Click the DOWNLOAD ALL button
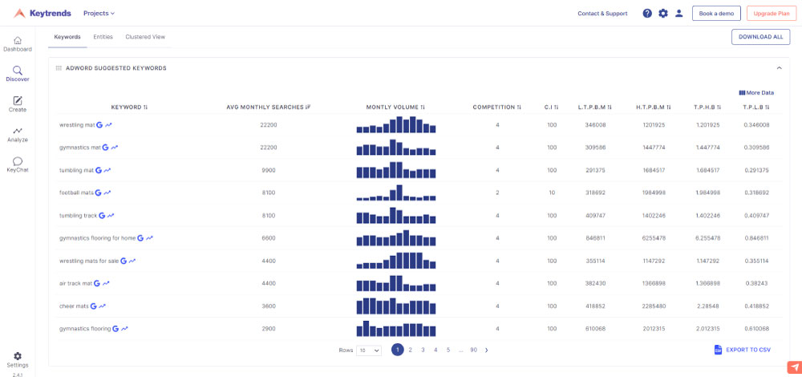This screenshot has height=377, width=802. tap(760, 37)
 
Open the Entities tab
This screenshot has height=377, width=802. tap(103, 37)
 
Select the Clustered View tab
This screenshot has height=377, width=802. tap(145, 37)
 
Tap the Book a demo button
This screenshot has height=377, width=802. tap(716, 14)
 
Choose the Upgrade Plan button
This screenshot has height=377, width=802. tap(772, 14)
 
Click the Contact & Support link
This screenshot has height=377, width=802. tap(602, 14)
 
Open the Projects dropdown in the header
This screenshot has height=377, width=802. tap(99, 14)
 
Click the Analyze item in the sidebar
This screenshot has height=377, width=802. tap(18, 135)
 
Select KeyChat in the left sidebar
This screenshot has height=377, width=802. tap(18, 164)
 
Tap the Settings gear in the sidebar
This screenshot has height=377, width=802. tap(18, 356)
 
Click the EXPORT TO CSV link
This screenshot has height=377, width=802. tap(742, 350)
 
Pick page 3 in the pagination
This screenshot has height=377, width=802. tap(423, 350)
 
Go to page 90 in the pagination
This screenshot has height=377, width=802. tap(474, 350)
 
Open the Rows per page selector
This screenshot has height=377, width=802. tap(369, 351)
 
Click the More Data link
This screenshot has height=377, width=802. tap(756, 92)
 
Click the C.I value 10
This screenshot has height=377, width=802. tap(552, 193)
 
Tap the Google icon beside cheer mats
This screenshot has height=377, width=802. tap(93, 306)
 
